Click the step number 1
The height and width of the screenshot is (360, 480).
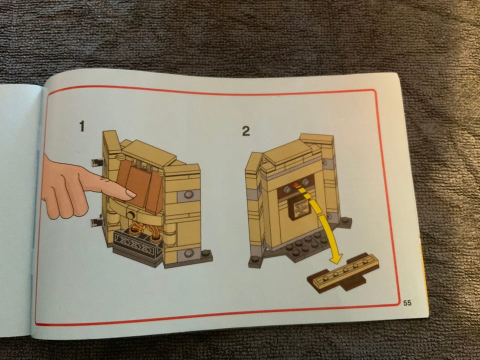(81, 126)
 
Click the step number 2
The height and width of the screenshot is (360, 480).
(246, 131)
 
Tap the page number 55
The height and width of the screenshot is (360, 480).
(407, 303)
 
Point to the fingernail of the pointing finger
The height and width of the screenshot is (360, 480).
(131, 193)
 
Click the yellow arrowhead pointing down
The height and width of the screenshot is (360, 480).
(336, 258)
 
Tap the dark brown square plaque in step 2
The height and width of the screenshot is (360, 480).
(299, 207)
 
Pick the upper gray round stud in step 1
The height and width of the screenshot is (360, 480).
(188, 194)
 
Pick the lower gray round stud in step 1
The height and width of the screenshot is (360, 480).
(189, 253)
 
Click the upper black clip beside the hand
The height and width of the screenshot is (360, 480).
(97, 162)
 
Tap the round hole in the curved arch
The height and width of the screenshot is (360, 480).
(131, 214)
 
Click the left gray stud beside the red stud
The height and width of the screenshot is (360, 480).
(287, 189)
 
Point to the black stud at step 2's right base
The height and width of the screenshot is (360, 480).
(345, 220)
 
